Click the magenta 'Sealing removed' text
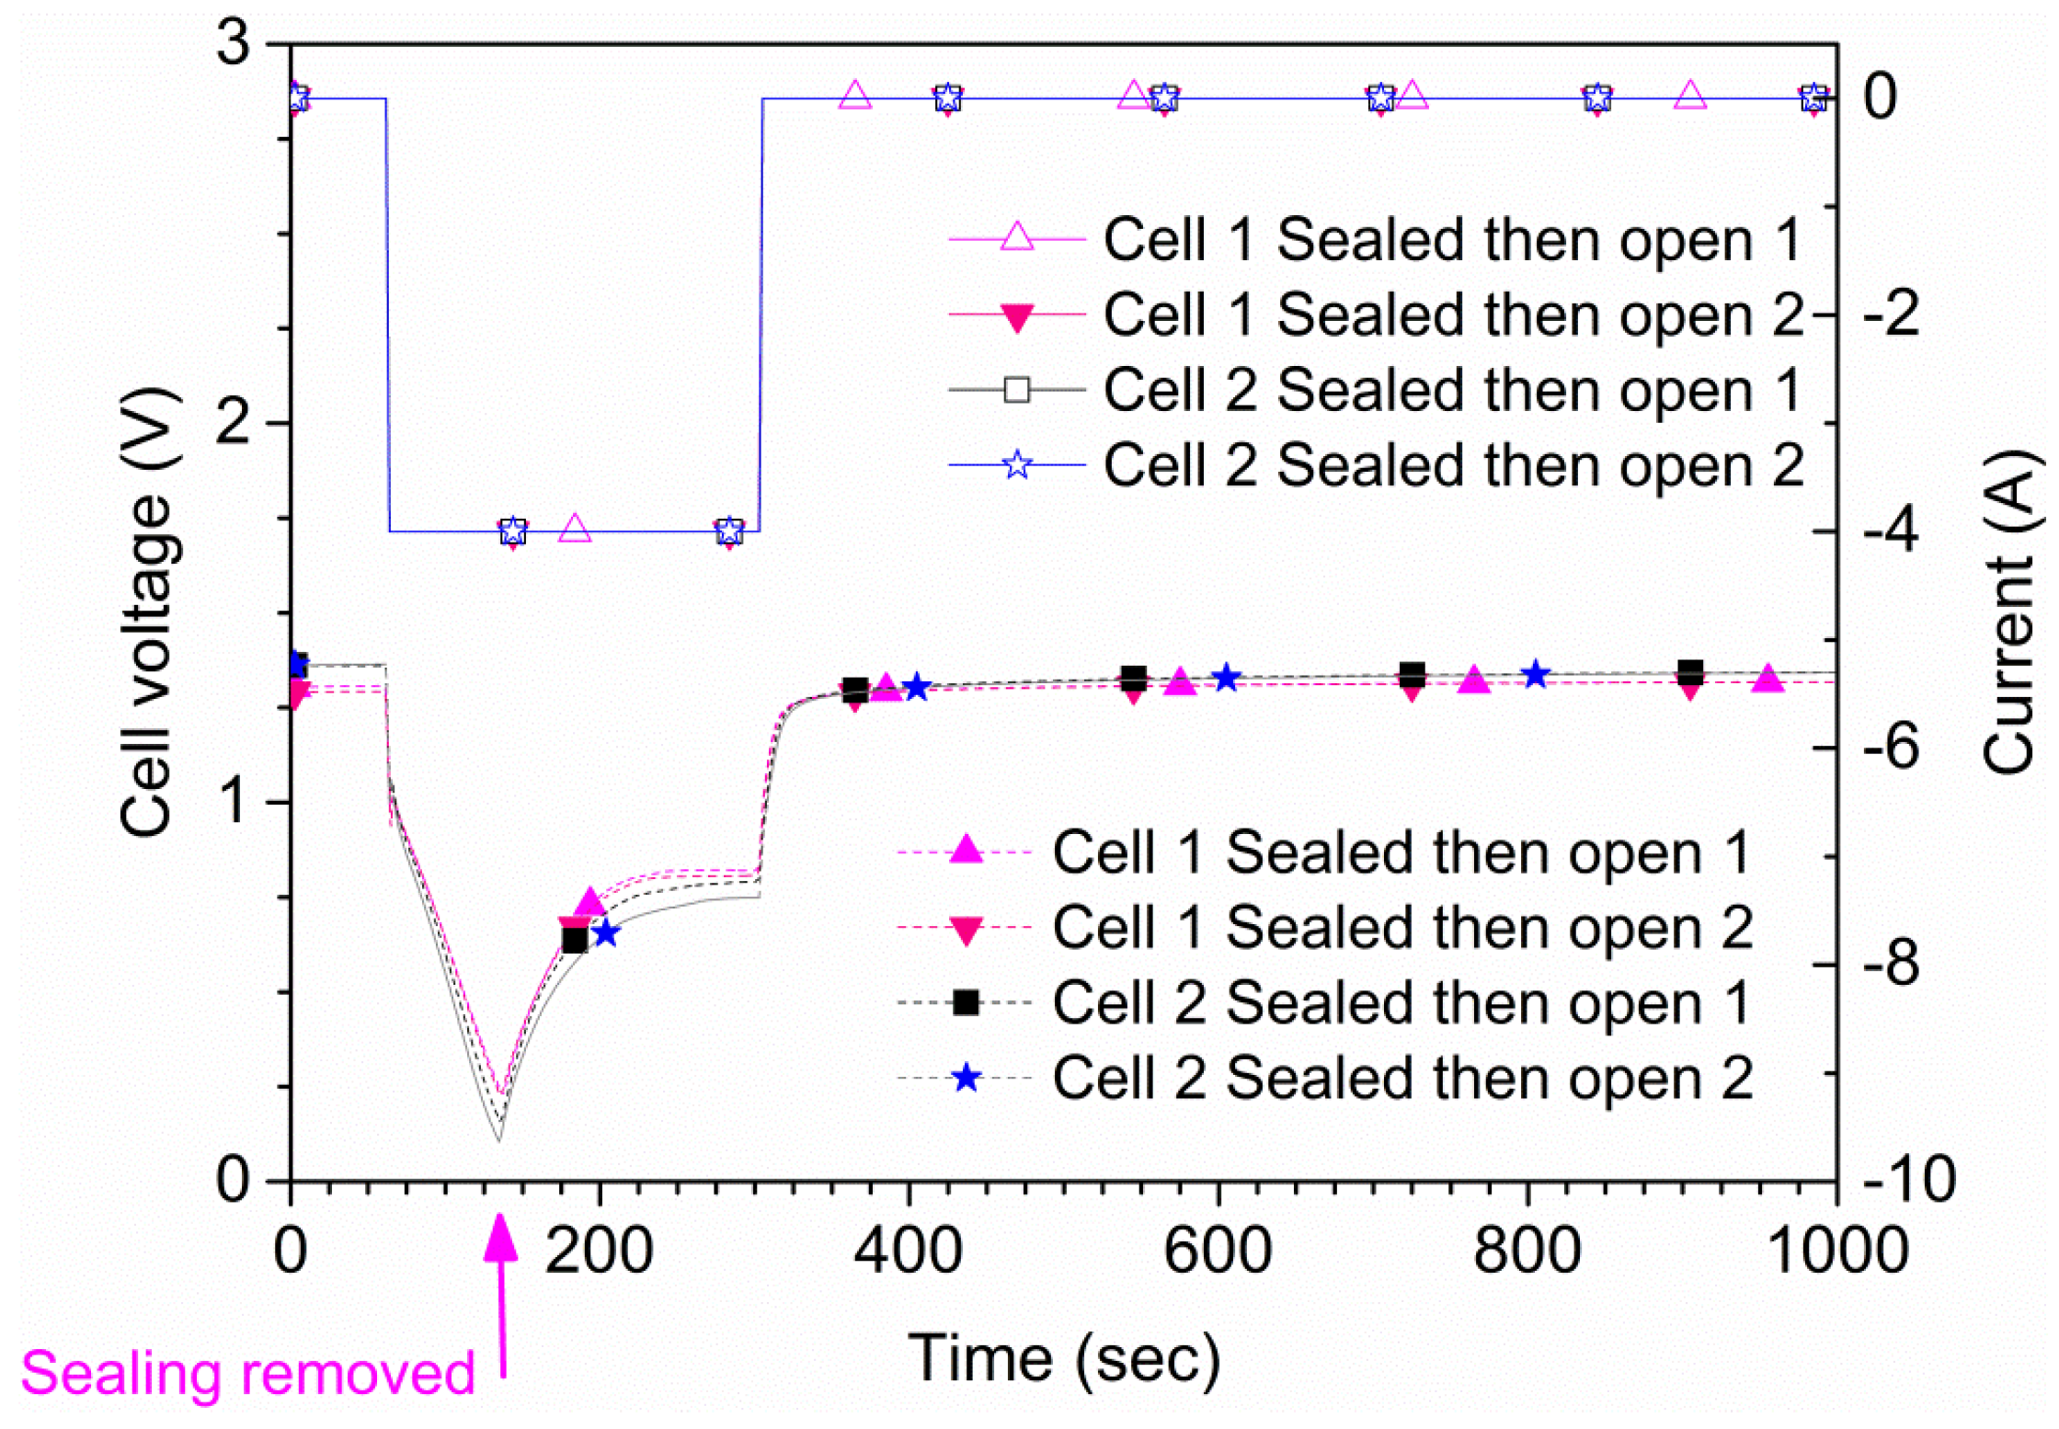click(246, 1373)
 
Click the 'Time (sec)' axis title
click(1064, 1358)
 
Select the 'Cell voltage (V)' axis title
click(147, 612)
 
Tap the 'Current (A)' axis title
click(2009, 612)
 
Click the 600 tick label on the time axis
click(1218, 1252)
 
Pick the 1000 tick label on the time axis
click(1837, 1252)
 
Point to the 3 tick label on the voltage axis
click(234, 43)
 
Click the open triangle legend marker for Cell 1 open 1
click(1016, 237)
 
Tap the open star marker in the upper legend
click(1016, 464)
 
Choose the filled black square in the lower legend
click(966, 1001)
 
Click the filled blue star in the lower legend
click(966, 1077)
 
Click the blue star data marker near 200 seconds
click(606, 933)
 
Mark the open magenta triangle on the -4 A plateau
click(575, 529)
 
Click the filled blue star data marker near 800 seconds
click(1535, 674)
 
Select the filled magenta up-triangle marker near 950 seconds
click(1767, 680)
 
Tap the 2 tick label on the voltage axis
click(234, 423)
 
